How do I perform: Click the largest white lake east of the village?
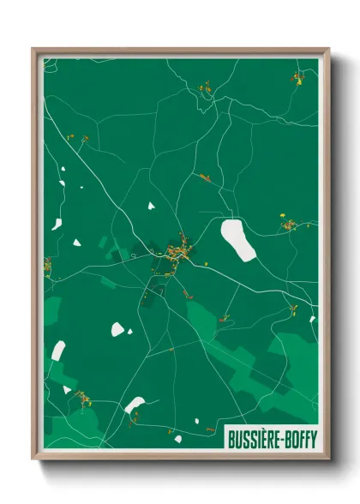[x=238, y=239]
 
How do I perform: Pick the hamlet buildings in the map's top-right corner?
[x=298, y=78]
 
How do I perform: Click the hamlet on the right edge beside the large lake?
[x=289, y=226]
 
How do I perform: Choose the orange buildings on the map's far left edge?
[x=48, y=266]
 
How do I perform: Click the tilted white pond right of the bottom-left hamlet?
[x=135, y=404]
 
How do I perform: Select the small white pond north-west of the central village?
[x=151, y=206]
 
